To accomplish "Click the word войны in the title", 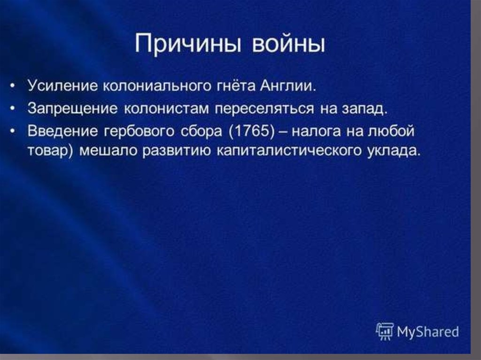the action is coord(288,44).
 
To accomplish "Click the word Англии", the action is coord(288,85).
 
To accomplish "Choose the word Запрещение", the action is coord(73,108).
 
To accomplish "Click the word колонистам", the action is coord(166,108).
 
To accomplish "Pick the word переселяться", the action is coord(264,108).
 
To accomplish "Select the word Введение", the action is coord(63,131).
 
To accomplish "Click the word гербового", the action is coord(139,131).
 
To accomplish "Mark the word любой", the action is coord(391,131).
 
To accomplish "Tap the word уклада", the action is coord(393,151).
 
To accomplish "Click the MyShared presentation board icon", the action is coord(385,331).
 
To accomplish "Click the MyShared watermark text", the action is coord(427,331).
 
